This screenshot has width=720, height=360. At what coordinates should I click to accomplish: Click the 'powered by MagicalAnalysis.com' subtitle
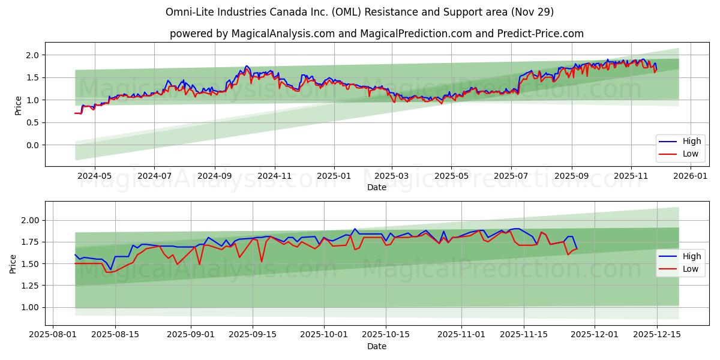(376, 34)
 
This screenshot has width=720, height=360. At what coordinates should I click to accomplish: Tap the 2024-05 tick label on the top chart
(95, 176)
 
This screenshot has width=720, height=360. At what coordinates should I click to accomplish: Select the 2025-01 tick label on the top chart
(334, 176)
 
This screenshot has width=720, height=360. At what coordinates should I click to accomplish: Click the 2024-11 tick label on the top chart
(274, 176)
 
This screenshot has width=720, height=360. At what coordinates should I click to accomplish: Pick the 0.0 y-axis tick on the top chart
(31, 145)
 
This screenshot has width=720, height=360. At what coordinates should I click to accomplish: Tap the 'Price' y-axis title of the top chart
(18, 105)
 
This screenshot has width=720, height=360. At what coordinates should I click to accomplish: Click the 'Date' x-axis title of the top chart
(376, 187)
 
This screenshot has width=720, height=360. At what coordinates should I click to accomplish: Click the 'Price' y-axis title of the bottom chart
(13, 264)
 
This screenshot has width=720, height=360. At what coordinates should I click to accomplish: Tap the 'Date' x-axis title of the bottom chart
(376, 346)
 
